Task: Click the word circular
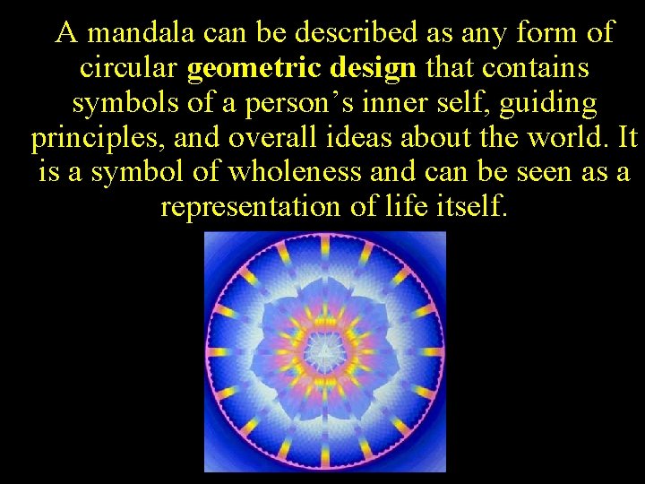(x=130, y=68)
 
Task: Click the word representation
(x=246, y=207)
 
